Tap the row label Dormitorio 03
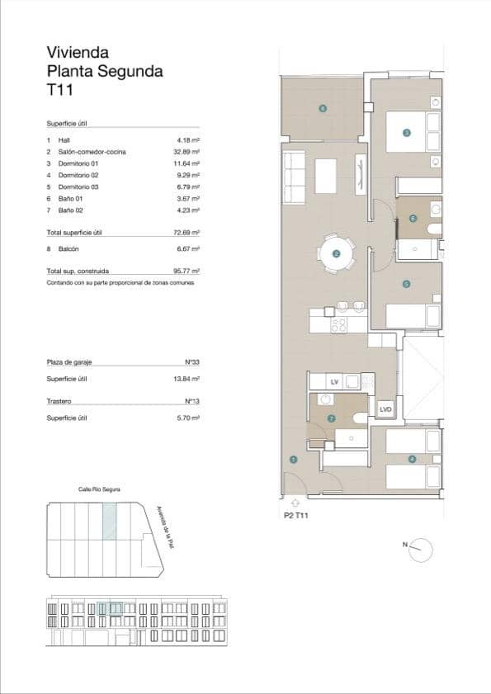coord(78,186)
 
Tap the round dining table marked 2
coord(336,253)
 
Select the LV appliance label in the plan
coord(334,382)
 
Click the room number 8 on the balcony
coord(322,108)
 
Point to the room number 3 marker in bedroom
coord(406,132)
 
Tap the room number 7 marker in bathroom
coord(331,418)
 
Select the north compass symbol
coord(421,547)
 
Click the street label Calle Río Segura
coord(99,489)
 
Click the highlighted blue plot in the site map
coord(109,522)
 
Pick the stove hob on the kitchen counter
coord(338,324)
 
